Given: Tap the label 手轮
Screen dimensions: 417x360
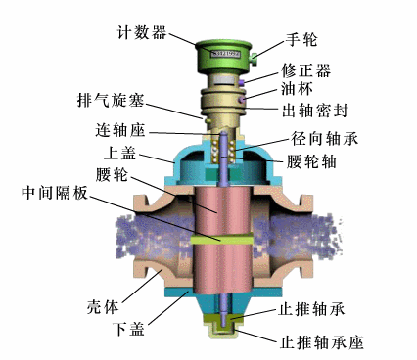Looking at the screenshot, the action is (x=275, y=40).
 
